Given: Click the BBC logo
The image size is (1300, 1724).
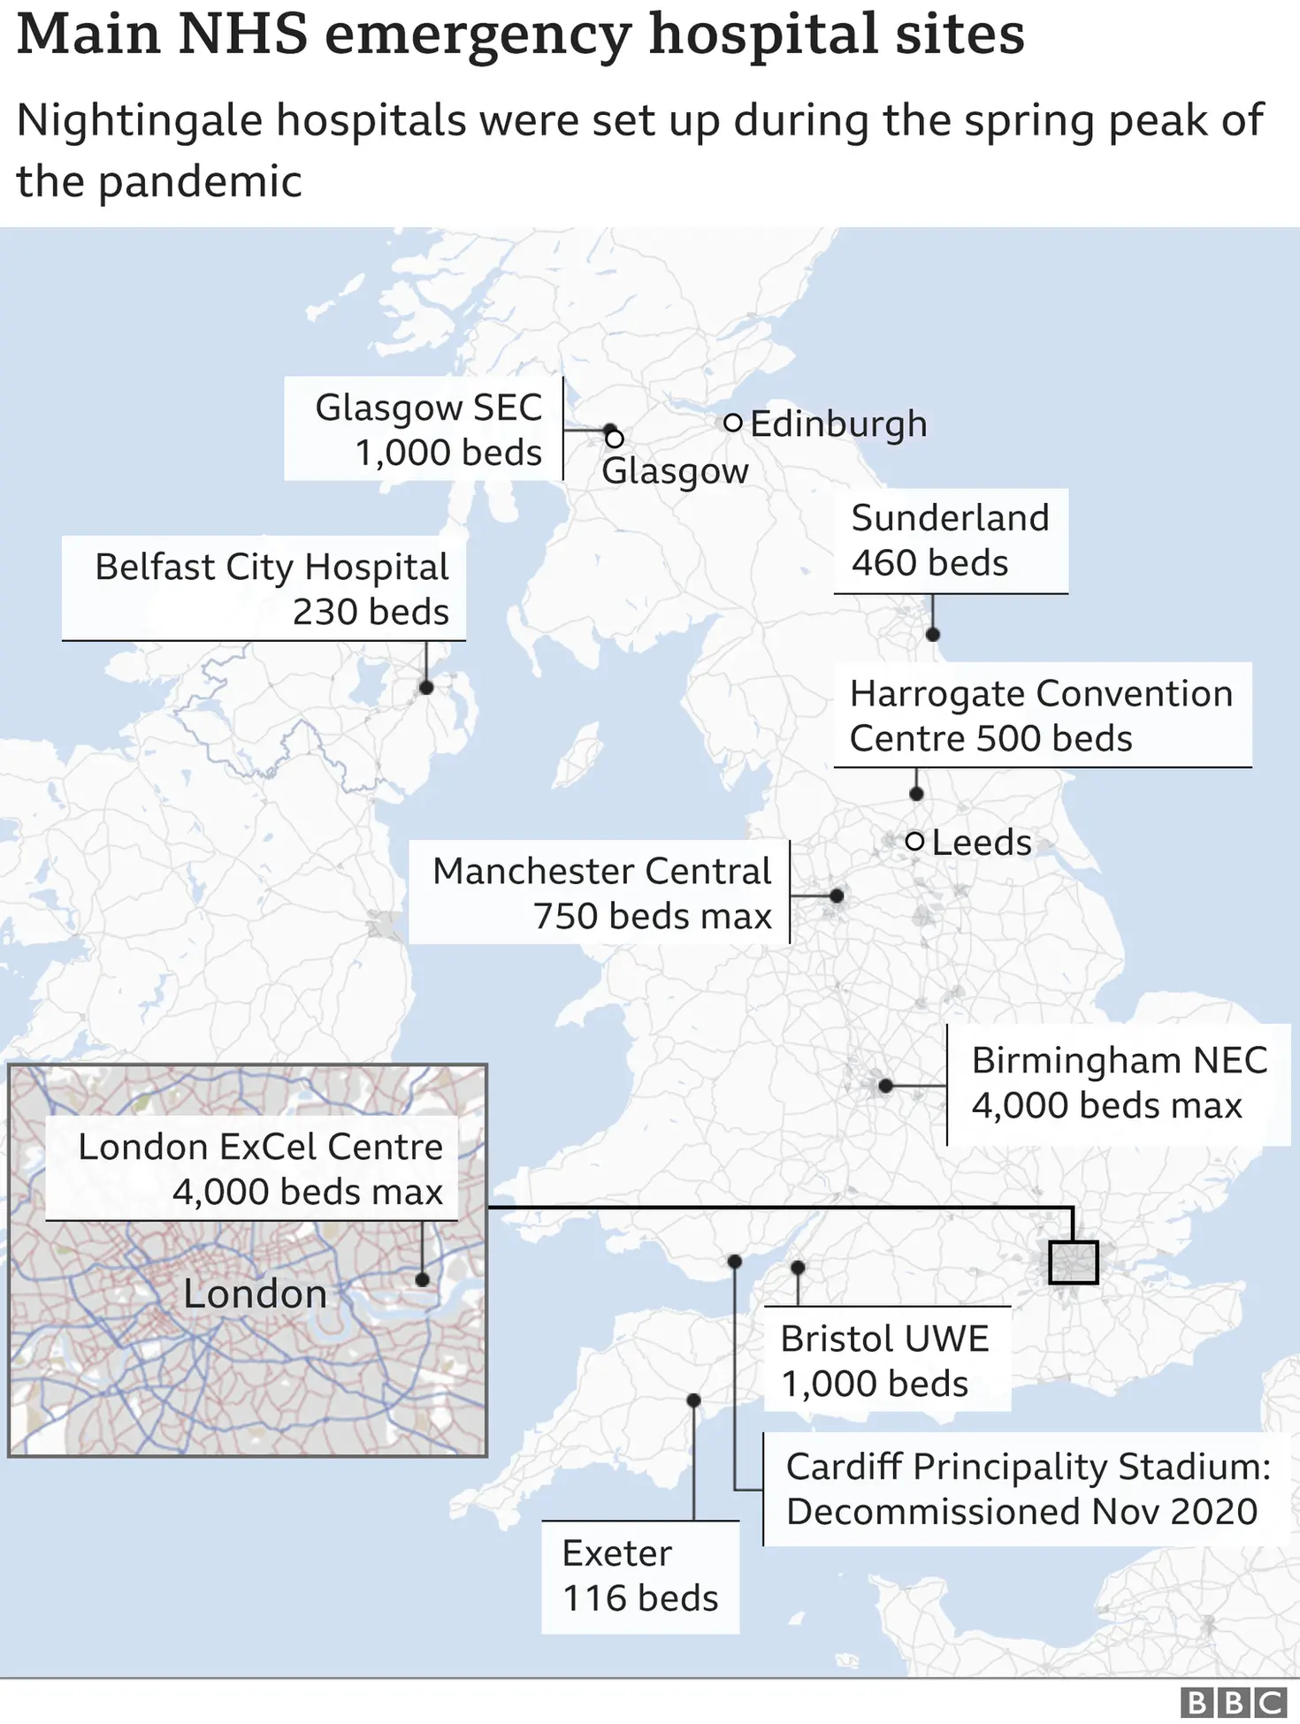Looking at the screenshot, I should (1234, 1702).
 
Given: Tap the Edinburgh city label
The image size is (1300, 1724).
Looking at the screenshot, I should (838, 423).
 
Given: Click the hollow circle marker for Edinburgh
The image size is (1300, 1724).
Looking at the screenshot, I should (732, 423).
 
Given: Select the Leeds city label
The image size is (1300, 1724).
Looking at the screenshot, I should (982, 843).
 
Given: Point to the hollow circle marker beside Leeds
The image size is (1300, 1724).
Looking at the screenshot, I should (915, 841).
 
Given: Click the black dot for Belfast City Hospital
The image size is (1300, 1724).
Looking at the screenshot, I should (425, 687).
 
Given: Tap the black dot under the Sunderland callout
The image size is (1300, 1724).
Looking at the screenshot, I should (932, 634).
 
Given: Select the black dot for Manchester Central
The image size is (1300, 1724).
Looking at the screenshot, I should (837, 896).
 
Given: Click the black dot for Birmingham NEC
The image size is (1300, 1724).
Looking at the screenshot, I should (885, 1086).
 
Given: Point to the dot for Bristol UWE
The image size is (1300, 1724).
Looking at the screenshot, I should (798, 1267).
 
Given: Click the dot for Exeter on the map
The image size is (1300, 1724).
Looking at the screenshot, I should (693, 1400).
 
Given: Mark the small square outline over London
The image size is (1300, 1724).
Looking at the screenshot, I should (1073, 1262).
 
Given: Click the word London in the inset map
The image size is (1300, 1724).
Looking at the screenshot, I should (255, 1294).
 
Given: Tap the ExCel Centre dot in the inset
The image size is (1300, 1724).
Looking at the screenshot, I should (422, 1279).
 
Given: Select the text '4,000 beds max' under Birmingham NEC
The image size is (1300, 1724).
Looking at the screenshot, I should (1106, 1106).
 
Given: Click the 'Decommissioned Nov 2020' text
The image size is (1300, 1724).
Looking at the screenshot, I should (1021, 1512).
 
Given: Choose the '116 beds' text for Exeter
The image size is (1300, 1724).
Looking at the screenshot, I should (640, 1598).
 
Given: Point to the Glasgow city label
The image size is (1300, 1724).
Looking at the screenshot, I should (675, 471).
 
